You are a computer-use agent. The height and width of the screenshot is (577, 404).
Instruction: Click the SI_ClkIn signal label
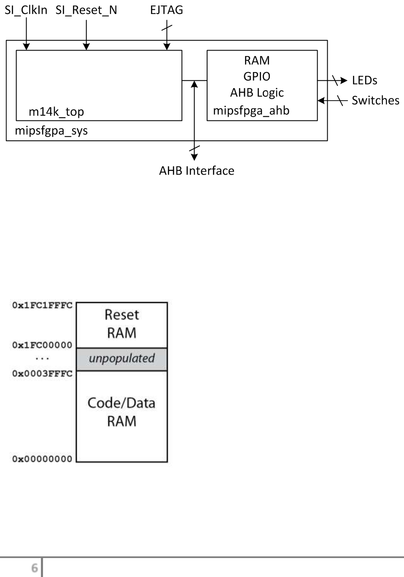pyautogui.click(x=26, y=10)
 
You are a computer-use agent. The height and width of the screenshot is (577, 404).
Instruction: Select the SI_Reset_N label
pyautogui.click(x=86, y=10)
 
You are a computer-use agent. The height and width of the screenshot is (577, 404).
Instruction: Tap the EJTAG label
pyautogui.click(x=167, y=10)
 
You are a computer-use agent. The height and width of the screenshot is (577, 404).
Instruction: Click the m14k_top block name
pyautogui.click(x=56, y=112)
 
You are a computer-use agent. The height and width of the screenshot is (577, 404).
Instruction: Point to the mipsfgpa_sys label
pyautogui.click(x=51, y=131)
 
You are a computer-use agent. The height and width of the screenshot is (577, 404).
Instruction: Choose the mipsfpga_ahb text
pyautogui.click(x=251, y=110)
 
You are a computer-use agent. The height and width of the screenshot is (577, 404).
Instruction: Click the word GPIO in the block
pyautogui.click(x=256, y=76)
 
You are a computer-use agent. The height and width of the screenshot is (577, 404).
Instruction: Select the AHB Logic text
pyautogui.click(x=257, y=93)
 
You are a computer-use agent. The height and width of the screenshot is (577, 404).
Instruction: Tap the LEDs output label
pyautogui.click(x=364, y=80)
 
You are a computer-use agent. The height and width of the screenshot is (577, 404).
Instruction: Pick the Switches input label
pyautogui.click(x=375, y=100)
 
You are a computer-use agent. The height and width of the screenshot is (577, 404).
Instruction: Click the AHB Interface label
pyautogui.click(x=197, y=171)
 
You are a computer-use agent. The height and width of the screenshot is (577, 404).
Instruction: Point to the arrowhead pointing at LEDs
pyautogui.click(x=344, y=80)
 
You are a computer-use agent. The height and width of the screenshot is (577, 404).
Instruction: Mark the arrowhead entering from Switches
pyautogui.click(x=321, y=101)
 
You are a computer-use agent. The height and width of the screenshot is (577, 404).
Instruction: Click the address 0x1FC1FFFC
pyautogui.click(x=42, y=305)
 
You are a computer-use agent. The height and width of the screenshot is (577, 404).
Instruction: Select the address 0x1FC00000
pyautogui.click(x=42, y=345)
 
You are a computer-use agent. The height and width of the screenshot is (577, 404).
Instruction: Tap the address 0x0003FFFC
pyautogui.click(x=42, y=374)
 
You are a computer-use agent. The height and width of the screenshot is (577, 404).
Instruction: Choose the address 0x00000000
pyautogui.click(x=42, y=459)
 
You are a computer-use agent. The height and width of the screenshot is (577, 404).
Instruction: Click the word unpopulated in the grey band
pyautogui.click(x=121, y=358)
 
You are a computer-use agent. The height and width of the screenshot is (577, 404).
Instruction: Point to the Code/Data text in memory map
pyautogui.click(x=121, y=403)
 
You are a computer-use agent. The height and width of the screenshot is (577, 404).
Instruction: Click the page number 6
pyautogui.click(x=35, y=568)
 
